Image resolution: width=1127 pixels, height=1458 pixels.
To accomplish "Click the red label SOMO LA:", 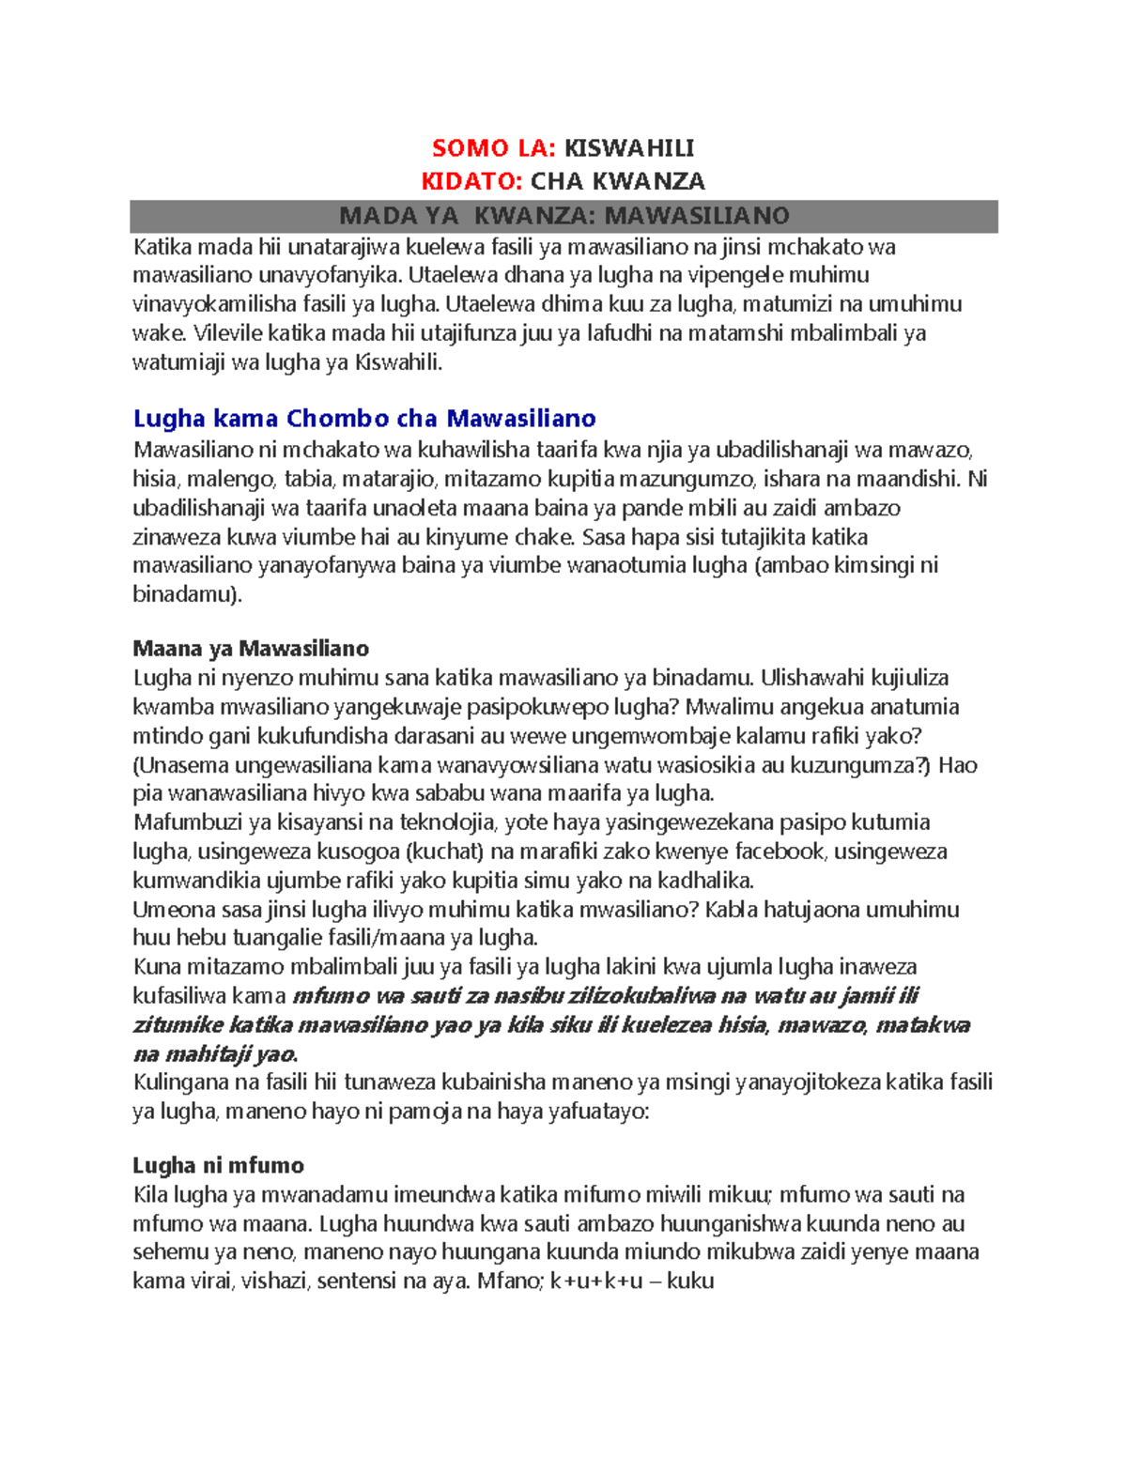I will (x=494, y=148).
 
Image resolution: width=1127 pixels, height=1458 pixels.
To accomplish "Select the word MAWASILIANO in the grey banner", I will (x=696, y=216).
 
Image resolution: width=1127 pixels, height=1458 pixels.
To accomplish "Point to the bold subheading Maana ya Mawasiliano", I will (x=251, y=649).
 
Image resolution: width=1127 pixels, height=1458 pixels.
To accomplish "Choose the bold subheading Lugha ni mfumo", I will (x=218, y=1166).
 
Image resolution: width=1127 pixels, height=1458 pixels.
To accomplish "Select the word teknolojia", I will (x=447, y=822).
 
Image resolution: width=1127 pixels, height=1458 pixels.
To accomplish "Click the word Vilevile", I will (x=227, y=333).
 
